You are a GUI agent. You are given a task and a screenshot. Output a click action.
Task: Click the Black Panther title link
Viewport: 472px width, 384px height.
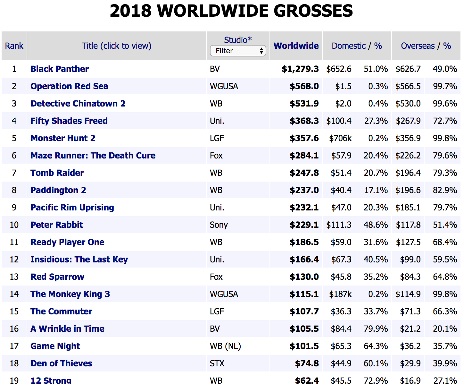point(60,69)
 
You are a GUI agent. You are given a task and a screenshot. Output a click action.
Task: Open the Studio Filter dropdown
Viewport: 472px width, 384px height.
point(238,51)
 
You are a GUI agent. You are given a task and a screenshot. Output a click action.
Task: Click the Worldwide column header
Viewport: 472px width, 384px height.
point(296,46)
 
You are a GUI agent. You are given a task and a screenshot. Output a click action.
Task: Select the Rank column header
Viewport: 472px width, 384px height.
point(14,46)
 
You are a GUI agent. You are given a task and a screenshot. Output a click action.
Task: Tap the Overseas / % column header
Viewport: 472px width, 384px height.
point(426,46)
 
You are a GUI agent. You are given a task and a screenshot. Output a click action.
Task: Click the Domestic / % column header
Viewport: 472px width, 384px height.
point(357,46)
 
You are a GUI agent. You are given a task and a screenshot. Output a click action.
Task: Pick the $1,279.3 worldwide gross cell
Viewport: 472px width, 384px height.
point(300,69)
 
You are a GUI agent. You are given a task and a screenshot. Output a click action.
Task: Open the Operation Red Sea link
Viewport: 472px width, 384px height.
point(69,86)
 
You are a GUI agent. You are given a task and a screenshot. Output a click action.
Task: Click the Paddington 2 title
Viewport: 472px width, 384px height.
point(58,190)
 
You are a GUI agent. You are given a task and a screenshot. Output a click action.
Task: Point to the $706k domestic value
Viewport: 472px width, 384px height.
point(340,138)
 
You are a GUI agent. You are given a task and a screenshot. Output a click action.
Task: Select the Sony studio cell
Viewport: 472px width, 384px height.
point(219,225)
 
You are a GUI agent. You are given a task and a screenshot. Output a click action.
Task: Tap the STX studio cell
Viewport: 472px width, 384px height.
point(217,363)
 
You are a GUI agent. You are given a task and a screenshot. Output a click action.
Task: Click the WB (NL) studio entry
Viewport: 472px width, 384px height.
point(225,346)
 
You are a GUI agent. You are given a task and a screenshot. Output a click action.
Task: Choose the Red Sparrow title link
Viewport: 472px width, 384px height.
point(57,277)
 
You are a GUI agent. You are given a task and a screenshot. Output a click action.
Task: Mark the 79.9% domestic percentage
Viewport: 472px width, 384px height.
point(376,329)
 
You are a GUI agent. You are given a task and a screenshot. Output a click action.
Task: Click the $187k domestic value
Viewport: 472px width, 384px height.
point(340,294)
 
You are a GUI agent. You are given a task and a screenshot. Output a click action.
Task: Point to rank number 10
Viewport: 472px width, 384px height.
point(14,225)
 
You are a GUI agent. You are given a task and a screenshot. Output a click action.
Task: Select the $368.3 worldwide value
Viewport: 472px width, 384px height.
point(304,121)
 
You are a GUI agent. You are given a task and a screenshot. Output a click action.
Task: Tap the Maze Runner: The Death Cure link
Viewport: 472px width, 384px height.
point(93,156)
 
